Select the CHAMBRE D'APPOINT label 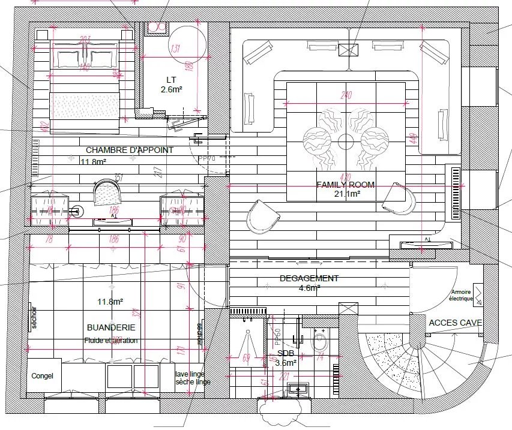click(x=130, y=150)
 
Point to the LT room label click(x=172, y=80)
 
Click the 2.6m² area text click(x=172, y=89)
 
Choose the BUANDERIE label click(x=111, y=327)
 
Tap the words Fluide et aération click(x=111, y=340)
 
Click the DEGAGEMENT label click(x=309, y=278)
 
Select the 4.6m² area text click(x=309, y=288)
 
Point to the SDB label click(x=286, y=353)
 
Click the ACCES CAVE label click(x=456, y=323)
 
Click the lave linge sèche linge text click(x=193, y=378)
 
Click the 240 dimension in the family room click(x=345, y=95)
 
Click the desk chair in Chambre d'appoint click(x=107, y=193)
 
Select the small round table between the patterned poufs click(x=346, y=142)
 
